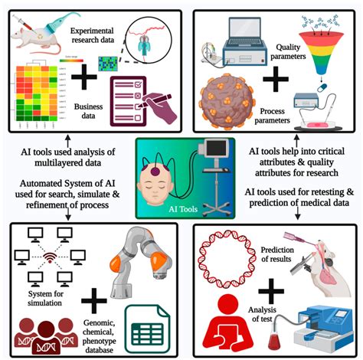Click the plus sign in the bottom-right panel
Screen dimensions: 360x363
click(x=270, y=292)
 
